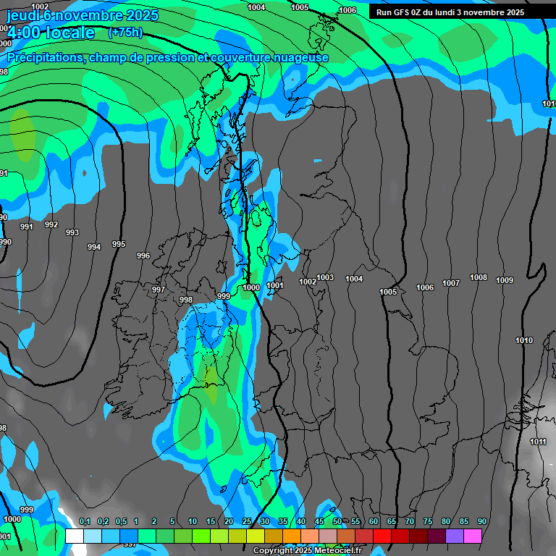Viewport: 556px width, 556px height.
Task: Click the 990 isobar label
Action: pos(5,242)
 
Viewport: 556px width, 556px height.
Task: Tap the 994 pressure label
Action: pos(94,247)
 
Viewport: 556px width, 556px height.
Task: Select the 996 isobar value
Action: pos(143,256)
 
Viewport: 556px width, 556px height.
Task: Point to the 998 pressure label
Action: pos(186,300)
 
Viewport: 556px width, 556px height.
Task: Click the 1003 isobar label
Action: pos(325,277)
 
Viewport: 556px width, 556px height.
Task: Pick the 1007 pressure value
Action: pos(451,283)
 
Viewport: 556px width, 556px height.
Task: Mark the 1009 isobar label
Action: pos(505,280)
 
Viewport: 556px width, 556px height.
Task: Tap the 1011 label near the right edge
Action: pos(538,442)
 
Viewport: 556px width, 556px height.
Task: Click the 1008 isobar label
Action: pos(479,277)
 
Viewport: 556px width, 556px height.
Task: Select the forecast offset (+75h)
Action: pos(125,32)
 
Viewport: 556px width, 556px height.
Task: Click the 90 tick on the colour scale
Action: pos(481,522)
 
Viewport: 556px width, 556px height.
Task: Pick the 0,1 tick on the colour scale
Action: pos(84,522)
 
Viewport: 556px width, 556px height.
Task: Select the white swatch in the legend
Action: pos(74,536)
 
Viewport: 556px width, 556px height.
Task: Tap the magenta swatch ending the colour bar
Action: pos(473,536)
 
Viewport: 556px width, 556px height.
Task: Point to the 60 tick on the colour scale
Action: pos(374,522)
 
